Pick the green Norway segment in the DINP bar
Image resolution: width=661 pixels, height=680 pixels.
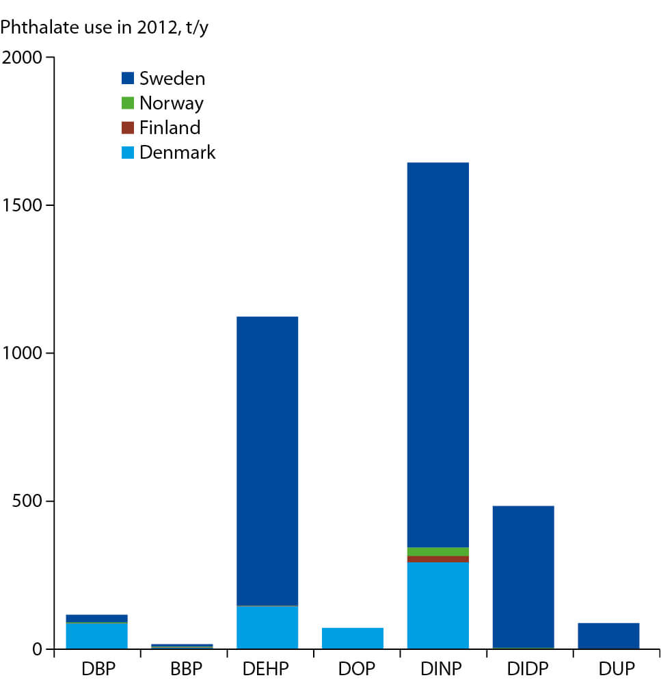coord(437,551)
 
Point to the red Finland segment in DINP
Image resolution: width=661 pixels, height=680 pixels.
coord(437,559)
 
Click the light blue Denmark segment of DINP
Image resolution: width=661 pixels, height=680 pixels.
coord(437,605)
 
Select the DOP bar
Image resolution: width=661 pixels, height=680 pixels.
coord(353,638)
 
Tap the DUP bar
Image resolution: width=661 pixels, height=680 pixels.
coord(608,636)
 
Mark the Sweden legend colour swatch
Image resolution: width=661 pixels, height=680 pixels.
coord(128,79)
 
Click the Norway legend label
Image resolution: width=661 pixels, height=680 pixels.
coord(171,103)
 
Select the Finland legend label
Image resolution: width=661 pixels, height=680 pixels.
coord(170,128)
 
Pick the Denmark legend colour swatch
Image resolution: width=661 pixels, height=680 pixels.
coord(128,153)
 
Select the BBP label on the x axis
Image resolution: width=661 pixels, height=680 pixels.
coord(183,667)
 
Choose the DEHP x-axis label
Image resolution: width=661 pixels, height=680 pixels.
coord(267,667)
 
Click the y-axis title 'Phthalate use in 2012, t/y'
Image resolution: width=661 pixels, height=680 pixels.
coord(98,28)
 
